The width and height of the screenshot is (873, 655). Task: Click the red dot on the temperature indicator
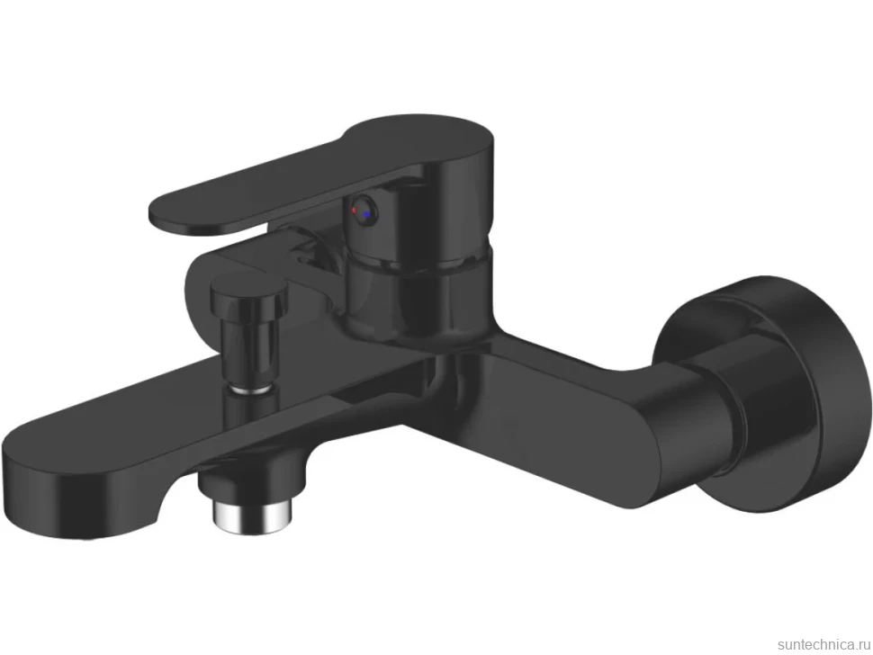(x=354, y=210)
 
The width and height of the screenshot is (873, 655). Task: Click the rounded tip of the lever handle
(x=167, y=214)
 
